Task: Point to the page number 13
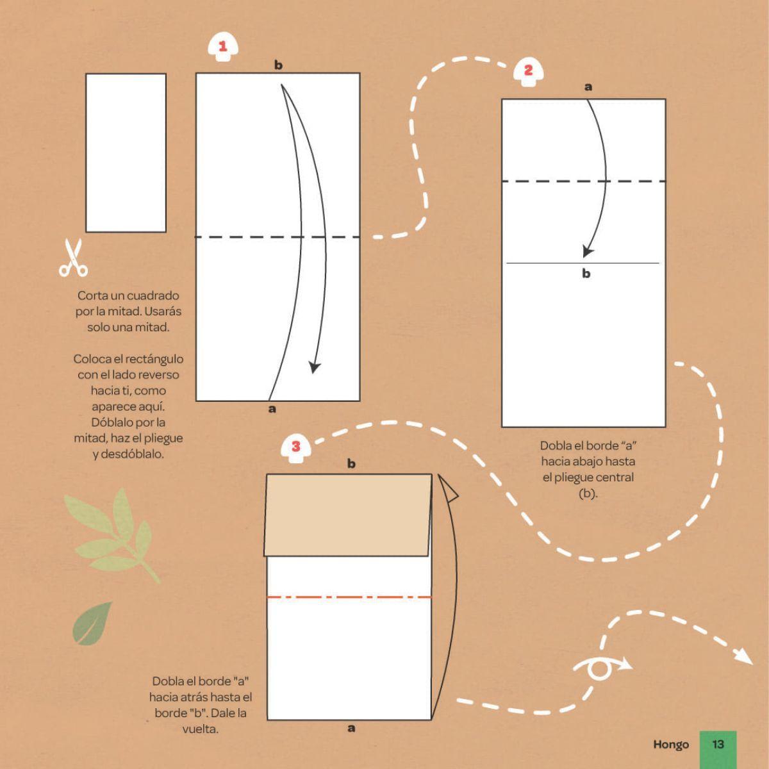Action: [x=718, y=744]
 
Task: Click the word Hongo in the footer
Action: [x=671, y=745]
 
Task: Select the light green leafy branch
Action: [x=112, y=536]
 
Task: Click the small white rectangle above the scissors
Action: [x=126, y=153]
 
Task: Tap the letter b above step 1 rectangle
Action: [x=278, y=65]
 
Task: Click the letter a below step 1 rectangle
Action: [x=272, y=409]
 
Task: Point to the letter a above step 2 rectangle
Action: [x=588, y=87]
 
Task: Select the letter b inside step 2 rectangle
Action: [x=586, y=274]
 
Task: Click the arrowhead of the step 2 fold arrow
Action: [x=587, y=251]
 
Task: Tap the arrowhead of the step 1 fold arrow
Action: [x=315, y=367]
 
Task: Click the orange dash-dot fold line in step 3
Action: [x=349, y=597]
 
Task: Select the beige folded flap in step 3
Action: [x=347, y=515]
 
